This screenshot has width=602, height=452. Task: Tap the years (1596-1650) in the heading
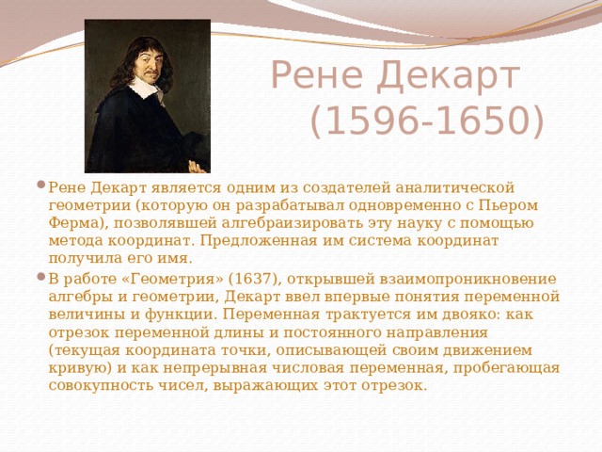pyautogui.click(x=425, y=121)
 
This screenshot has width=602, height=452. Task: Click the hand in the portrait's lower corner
pyautogui.click(x=197, y=165)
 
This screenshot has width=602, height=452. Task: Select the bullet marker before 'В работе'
pyautogui.click(x=39, y=278)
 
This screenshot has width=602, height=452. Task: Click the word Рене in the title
pyautogui.click(x=316, y=77)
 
